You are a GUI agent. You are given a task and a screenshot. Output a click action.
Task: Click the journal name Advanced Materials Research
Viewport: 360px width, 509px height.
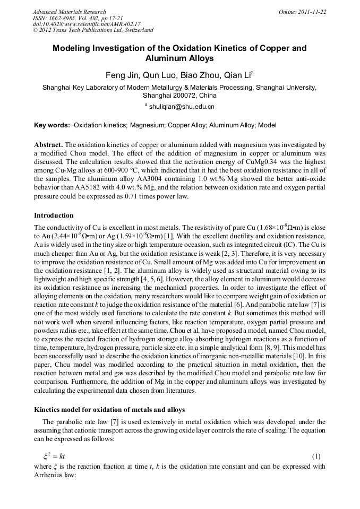pos(69,12)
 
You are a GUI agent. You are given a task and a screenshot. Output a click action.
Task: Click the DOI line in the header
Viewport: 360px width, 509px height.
pos(87,24)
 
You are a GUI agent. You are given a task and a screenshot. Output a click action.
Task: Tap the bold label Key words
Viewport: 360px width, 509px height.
pos(52,125)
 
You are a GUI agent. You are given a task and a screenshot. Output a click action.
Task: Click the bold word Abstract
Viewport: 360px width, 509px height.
pos(48,144)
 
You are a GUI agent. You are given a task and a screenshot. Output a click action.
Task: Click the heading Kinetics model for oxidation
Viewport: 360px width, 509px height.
pos(109,409)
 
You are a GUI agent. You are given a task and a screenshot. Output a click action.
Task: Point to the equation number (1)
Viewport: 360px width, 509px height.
pos(316,456)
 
